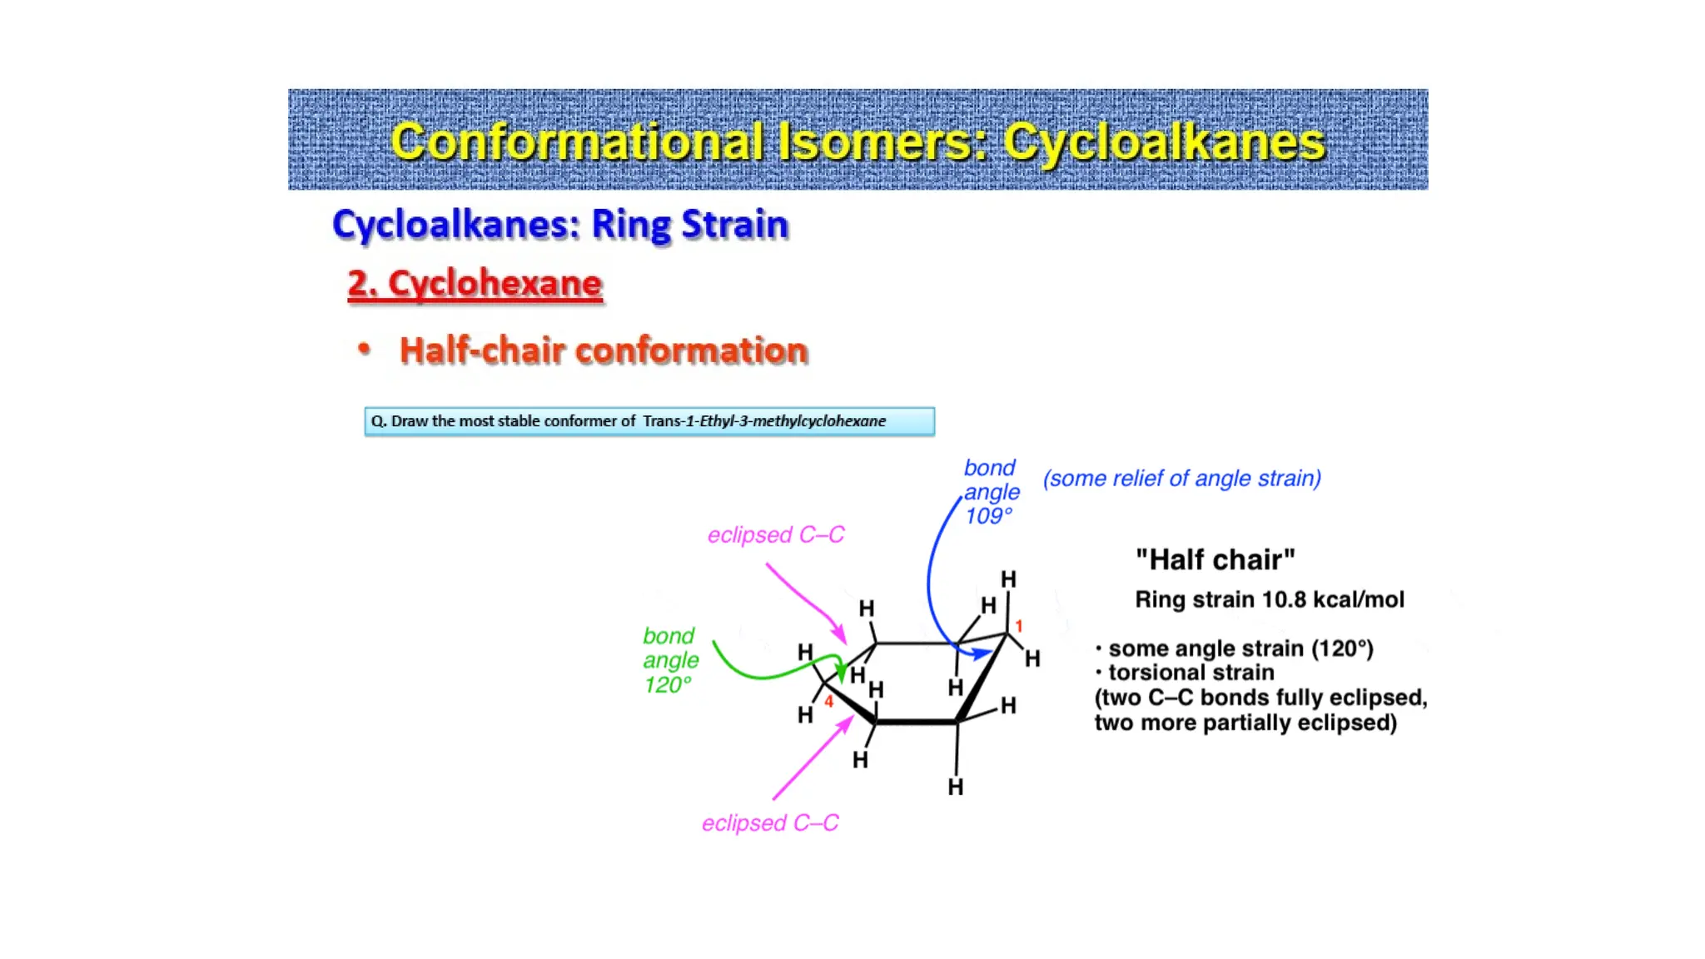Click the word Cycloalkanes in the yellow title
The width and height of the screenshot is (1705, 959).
click(x=1163, y=142)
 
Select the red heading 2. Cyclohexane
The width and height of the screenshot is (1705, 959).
click(x=475, y=284)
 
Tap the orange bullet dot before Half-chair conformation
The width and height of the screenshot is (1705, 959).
click(x=364, y=349)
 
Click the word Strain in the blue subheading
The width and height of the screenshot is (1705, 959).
click(x=734, y=225)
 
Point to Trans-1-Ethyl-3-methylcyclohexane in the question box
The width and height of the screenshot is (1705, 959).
click(x=763, y=421)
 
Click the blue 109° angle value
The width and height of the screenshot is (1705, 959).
click(x=989, y=516)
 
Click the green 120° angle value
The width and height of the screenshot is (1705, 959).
click(x=668, y=685)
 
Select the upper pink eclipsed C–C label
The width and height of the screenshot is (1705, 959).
click(x=775, y=534)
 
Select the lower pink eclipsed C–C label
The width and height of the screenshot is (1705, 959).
click(x=770, y=823)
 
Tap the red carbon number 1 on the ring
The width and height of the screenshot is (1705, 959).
click(x=1019, y=626)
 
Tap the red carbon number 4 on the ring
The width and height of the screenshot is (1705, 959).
click(x=828, y=702)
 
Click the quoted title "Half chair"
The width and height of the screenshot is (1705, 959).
click(x=1215, y=559)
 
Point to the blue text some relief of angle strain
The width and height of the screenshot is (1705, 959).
click(x=1182, y=479)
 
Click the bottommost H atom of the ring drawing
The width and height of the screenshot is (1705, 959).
click(x=956, y=787)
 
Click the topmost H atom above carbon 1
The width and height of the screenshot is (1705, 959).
click(x=1008, y=579)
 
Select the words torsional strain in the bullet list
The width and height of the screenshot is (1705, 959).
click(x=1191, y=673)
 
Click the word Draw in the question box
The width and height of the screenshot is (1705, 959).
click(x=410, y=421)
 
